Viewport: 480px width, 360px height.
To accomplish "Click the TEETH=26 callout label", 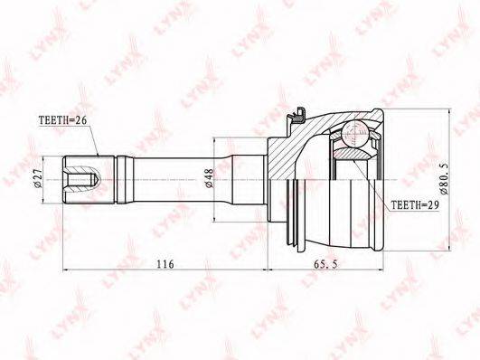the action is pos(62,120).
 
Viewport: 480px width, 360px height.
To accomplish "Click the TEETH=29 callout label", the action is pos(415,204).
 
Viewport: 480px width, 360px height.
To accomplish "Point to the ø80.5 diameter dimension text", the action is pos(444,178).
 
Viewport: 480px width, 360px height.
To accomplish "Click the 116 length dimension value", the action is pos(165,263).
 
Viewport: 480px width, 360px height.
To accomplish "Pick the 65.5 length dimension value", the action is pos(325,263).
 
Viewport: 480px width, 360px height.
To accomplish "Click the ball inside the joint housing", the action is pos(354,134).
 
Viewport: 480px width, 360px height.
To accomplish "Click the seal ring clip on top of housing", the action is pos(296,116).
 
